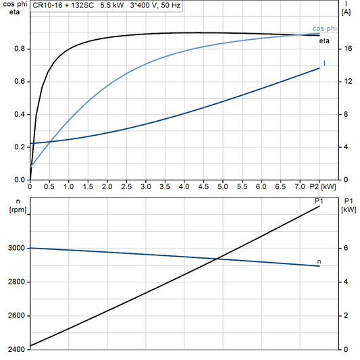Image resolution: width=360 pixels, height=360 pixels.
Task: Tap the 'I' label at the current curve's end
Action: pyautogui.click(x=325, y=63)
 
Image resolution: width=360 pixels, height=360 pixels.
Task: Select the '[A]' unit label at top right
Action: pyautogui.click(x=346, y=12)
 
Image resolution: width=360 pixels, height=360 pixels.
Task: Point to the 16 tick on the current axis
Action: pyautogui.click(x=347, y=49)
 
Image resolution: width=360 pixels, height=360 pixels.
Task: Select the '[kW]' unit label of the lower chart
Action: pyautogui.click(x=349, y=209)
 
